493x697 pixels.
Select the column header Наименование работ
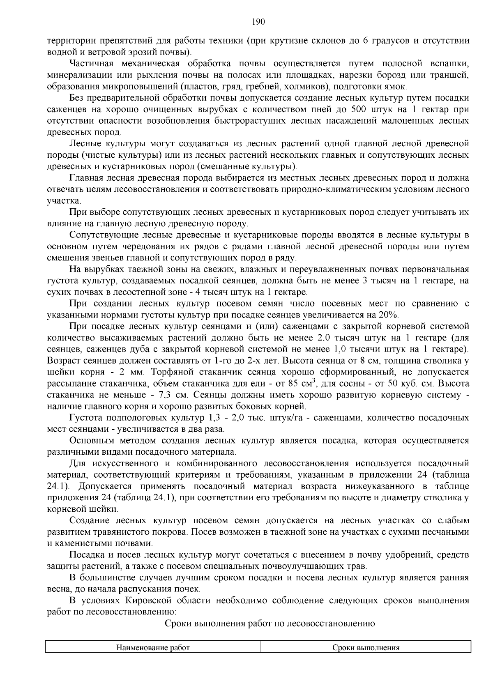(x=153, y=648)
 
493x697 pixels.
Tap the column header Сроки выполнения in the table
(x=366, y=648)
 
